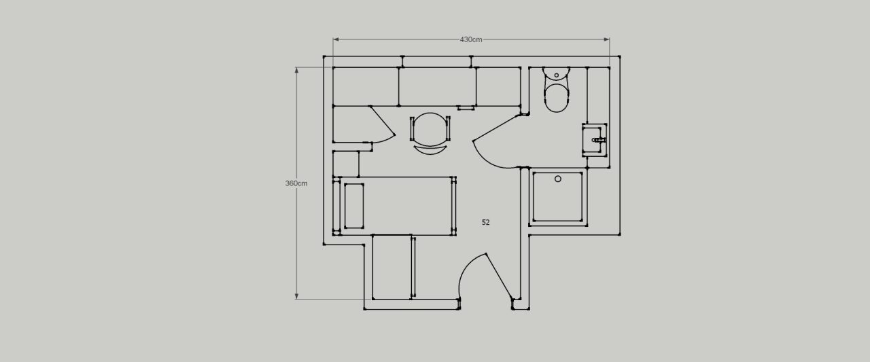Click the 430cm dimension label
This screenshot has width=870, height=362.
[471, 39]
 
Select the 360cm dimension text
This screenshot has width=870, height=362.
[296, 183]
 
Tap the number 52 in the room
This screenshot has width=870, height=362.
[485, 222]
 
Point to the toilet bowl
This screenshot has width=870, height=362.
[557, 98]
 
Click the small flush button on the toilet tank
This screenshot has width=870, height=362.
[557, 75]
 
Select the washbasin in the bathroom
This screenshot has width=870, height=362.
[594, 140]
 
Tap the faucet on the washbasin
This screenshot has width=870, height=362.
[599, 140]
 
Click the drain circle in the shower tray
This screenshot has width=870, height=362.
[558, 179]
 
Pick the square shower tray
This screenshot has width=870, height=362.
[558, 197]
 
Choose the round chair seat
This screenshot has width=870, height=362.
[430, 129]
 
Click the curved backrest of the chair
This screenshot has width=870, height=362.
[430, 151]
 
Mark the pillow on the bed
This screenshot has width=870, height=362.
[354, 206]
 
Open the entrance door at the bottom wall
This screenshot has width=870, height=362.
[499, 276]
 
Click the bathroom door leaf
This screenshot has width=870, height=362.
[496, 128]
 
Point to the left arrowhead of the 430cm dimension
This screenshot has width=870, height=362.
[336, 39]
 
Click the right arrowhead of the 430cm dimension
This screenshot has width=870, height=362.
[606, 39]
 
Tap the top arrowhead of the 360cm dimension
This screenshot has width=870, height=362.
[296, 70]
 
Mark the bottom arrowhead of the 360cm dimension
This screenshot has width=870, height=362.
[296, 296]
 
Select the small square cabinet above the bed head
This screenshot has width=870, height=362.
[346, 164]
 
